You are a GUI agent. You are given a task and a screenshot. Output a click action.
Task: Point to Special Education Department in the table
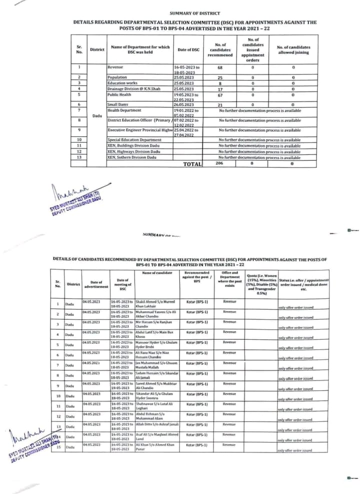[134, 140]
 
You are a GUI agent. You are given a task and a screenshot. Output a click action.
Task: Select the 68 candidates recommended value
[219, 67]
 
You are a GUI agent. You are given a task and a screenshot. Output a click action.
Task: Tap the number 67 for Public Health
[219, 94]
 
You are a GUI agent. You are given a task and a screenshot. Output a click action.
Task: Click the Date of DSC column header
[188, 50]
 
